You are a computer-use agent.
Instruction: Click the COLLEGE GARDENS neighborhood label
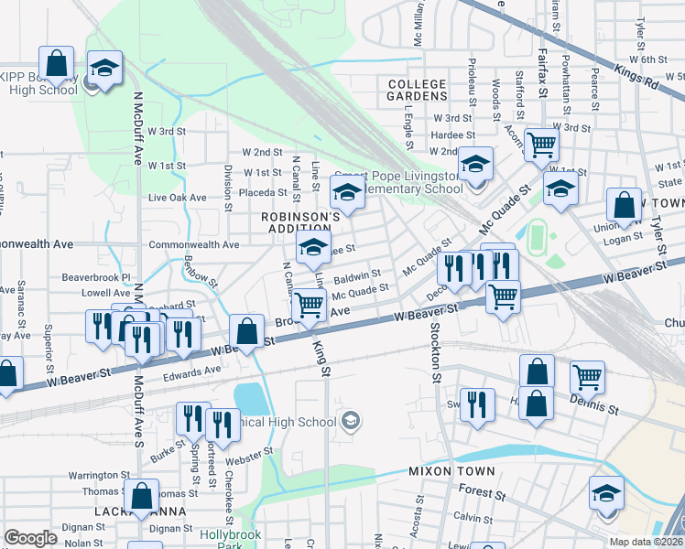tap(417, 90)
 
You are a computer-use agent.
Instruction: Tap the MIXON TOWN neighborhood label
tap(451, 471)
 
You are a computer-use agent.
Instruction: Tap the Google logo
tap(30, 538)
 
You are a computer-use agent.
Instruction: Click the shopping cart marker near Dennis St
tap(587, 376)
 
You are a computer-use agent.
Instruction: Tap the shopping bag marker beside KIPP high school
tap(56, 64)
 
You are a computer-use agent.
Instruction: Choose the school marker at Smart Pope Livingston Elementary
tap(474, 165)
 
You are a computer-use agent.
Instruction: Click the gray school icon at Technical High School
tap(350, 421)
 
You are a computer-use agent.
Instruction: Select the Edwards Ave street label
tap(192, 371)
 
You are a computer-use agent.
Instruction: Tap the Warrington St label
tap(99, 476)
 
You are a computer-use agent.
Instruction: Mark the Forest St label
tap(476, 490)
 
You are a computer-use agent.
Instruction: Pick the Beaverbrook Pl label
tap(97, 276)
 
